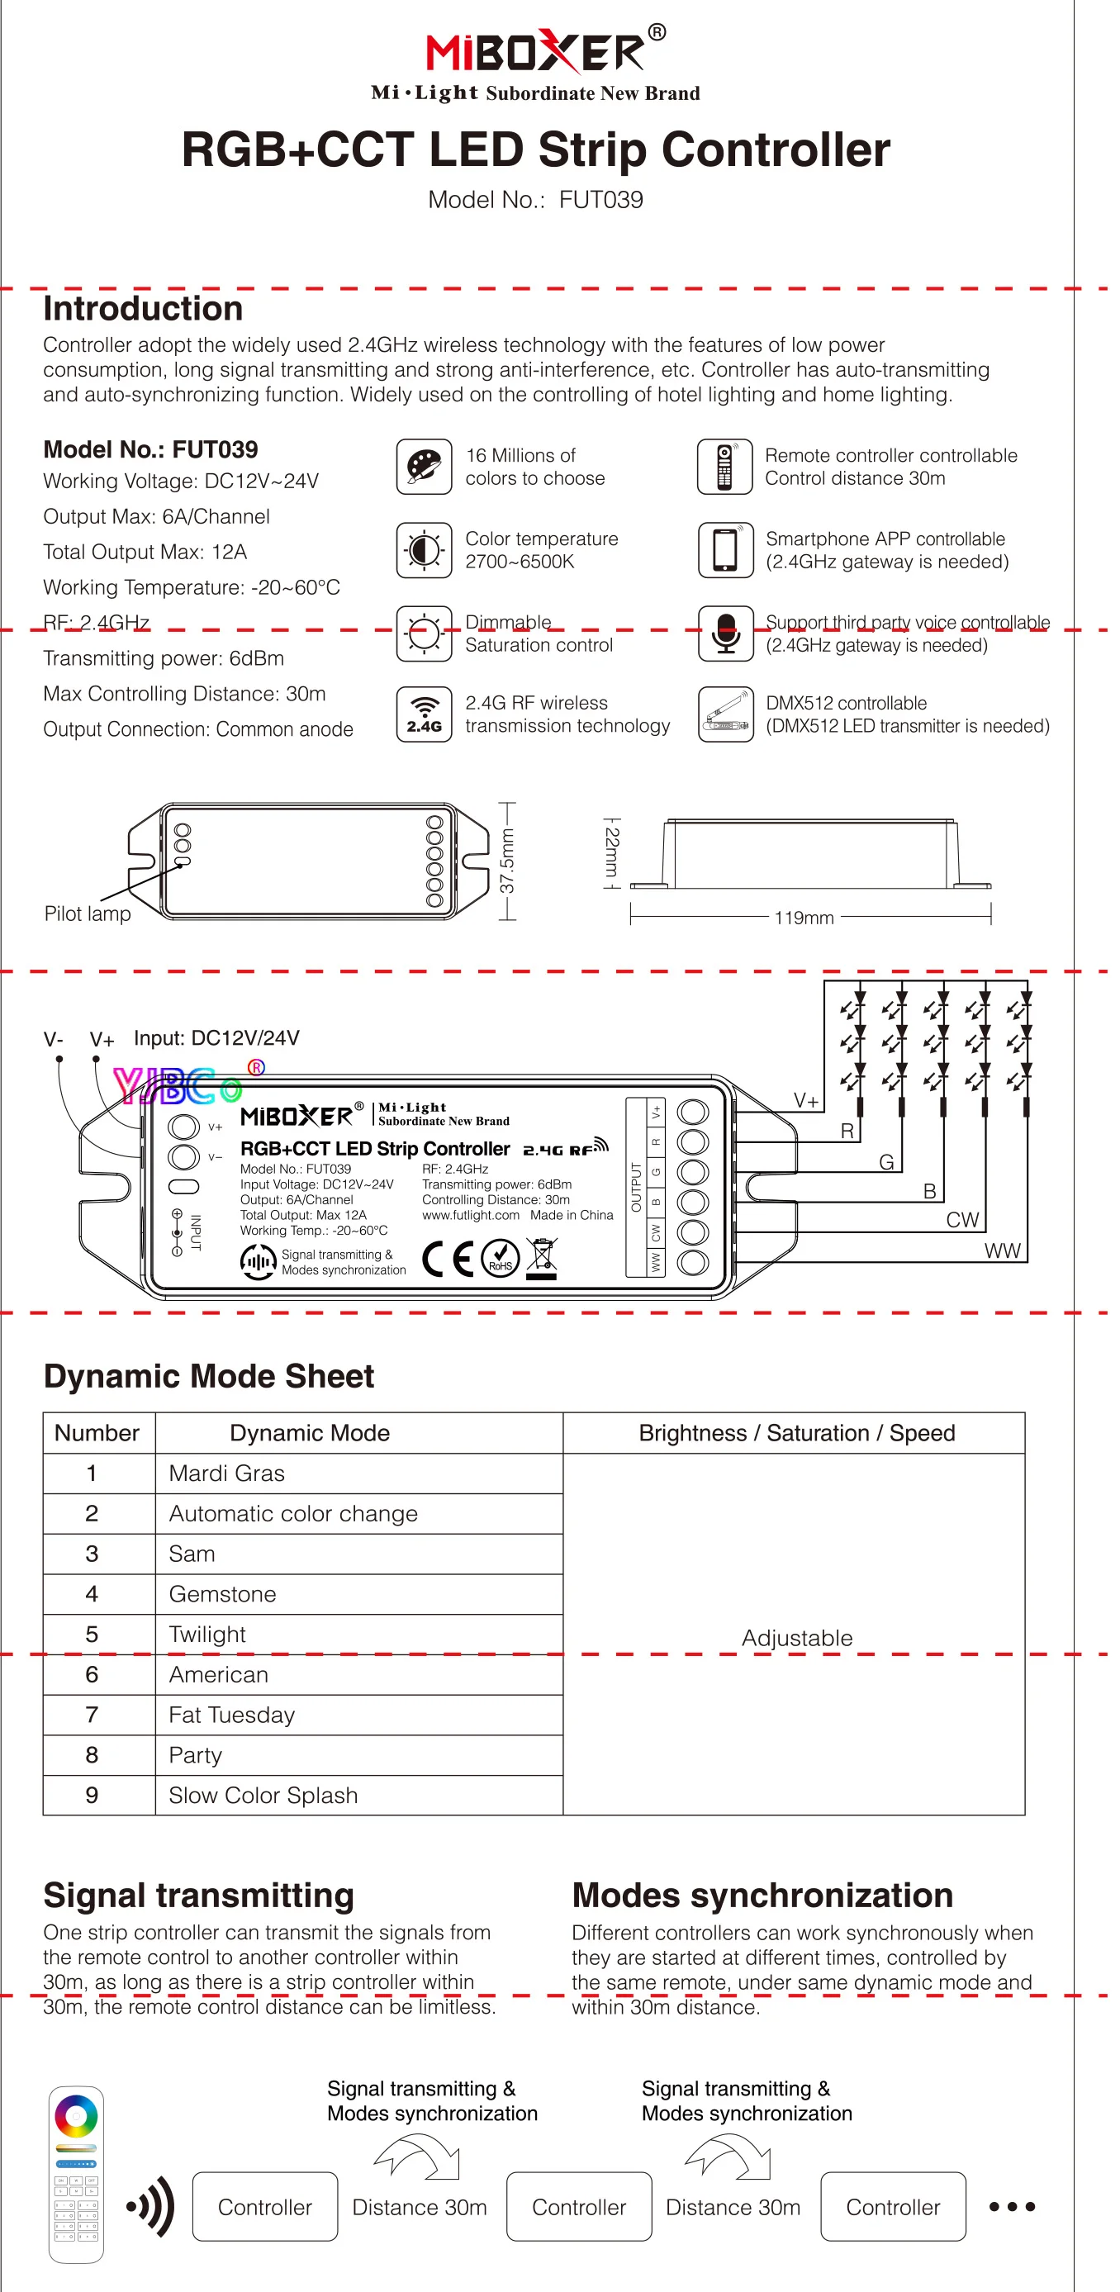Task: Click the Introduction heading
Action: [143, 309]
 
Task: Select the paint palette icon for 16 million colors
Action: [424, 466]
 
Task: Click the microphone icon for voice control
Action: [726, 633]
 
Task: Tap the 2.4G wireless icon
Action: [424, 714]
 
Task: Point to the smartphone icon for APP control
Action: [726, 550]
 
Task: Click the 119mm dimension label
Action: [804, 918]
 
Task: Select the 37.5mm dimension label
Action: [506, 861]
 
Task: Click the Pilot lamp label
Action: [88, 913]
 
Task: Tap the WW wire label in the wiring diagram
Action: [1002, 1250]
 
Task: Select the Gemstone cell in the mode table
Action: [222, 1593]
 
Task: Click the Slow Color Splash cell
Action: [263, 1795]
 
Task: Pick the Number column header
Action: [97, 1432]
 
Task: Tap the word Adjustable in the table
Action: [796, 1638]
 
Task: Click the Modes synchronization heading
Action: [762, 1896]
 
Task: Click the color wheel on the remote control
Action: [77, 2116]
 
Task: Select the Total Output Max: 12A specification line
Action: [145, 552]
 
